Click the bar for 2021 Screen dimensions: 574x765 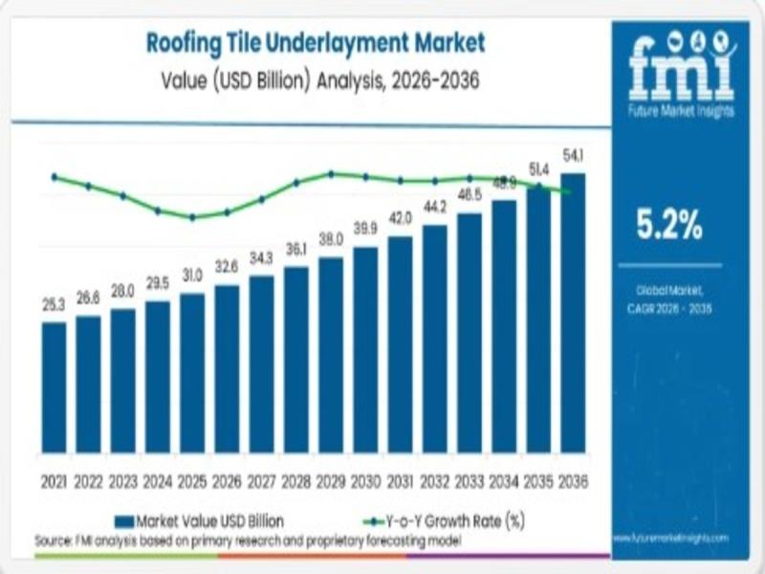[55, 387]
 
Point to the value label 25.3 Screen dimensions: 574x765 [55, 306]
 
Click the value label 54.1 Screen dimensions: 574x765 [575, 156]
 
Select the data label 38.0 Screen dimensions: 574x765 [331, 239]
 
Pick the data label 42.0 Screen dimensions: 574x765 [400, 218]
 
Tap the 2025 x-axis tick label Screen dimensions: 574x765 [192, 480]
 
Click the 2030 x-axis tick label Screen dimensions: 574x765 [365, 480]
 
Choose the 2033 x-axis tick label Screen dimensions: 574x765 [469, 480]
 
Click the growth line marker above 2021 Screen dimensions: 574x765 [55, 177]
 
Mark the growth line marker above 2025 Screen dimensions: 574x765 [192, 217]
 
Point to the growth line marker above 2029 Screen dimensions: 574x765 [331, 174]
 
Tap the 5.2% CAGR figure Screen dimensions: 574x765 [669, 227]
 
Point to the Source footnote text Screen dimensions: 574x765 [249, 541]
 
